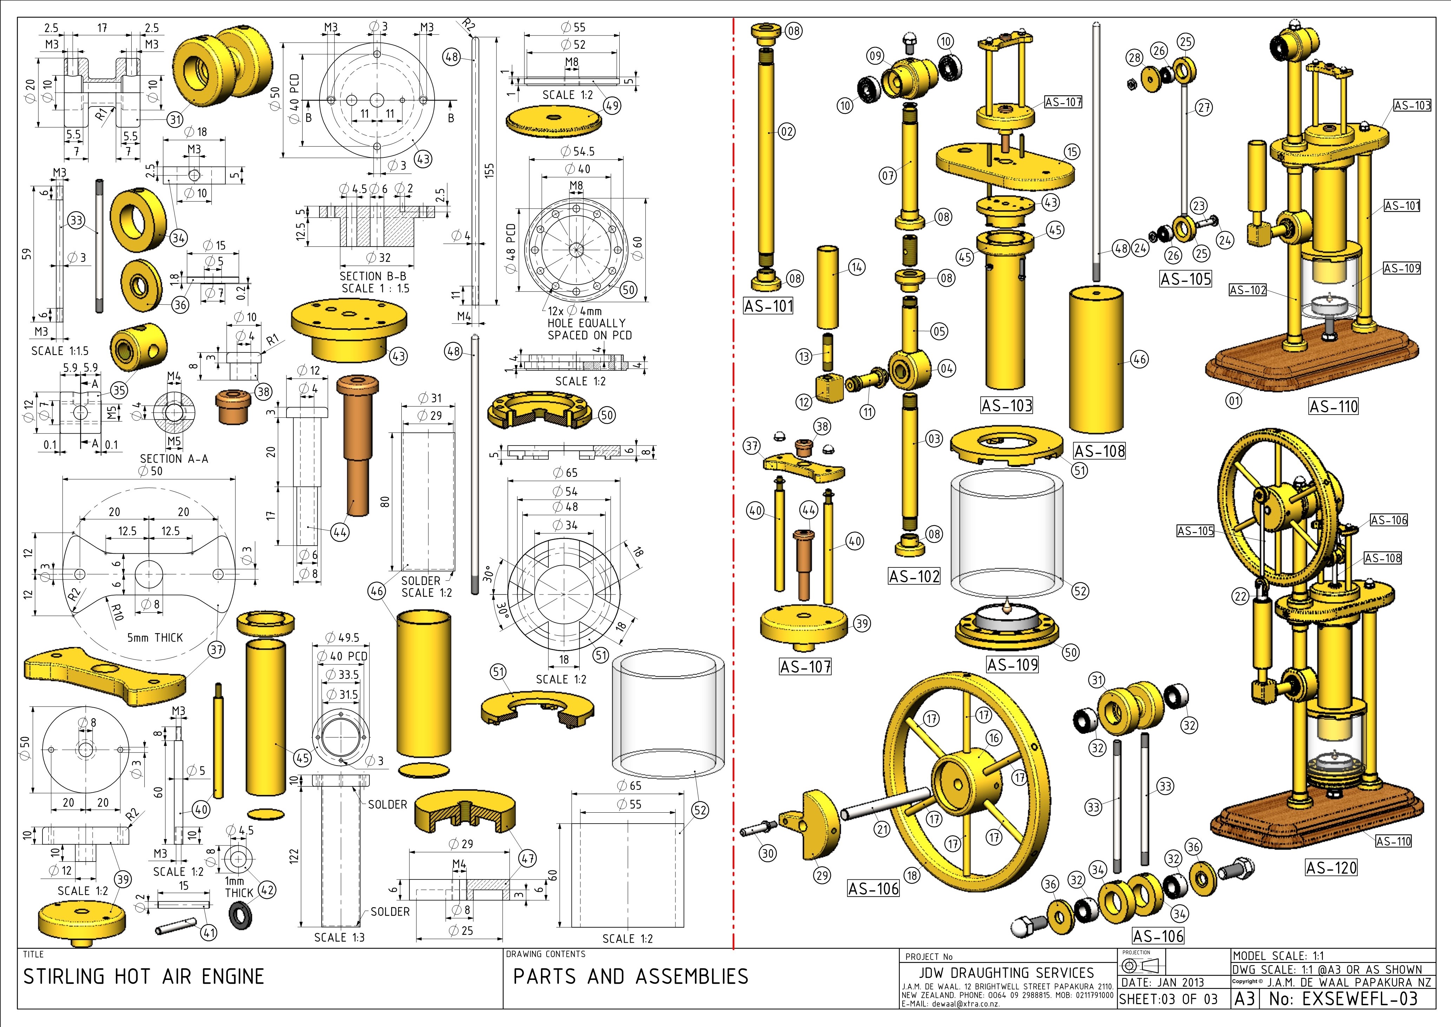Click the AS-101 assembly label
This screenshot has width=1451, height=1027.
(x=769, y=306)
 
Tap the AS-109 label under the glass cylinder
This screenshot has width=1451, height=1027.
(x=1013, y=665)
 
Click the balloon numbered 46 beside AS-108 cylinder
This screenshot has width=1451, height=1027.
(x=1140, y=359)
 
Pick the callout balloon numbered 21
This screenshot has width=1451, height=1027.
(x=882, y=829)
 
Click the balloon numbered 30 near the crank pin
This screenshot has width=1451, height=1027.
(x=768, y=853)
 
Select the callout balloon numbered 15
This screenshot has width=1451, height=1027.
(x=1072, y=152)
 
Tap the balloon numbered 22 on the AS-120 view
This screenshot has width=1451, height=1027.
(x=1241, y=596)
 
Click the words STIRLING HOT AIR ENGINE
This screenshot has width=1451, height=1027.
(x=144, y=977)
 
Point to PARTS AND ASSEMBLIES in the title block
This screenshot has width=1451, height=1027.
(x=631, y=977)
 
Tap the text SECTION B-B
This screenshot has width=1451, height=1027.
(x=373, y=277)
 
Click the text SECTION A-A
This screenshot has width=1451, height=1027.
(x=174, y=459)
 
